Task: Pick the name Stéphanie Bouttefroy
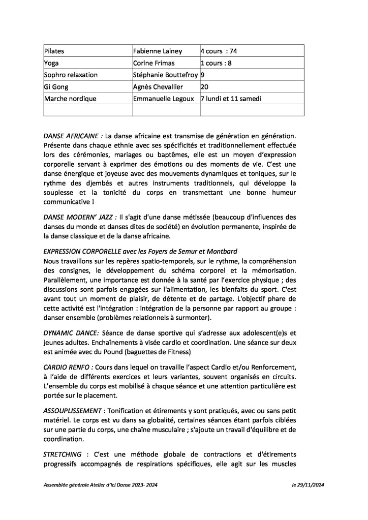165,75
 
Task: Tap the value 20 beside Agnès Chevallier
205,87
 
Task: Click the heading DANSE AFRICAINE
73,136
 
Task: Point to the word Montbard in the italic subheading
222,252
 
